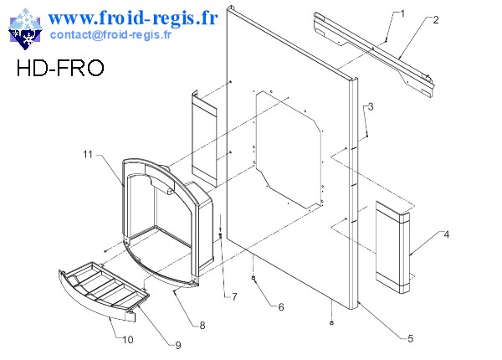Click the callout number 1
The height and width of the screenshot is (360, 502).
pyautogui.click(x=402, y=13)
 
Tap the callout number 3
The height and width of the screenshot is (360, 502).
pyautogui.click(x=371, y=106)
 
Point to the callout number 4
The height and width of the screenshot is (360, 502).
pyautogui.click(x=446, y=234)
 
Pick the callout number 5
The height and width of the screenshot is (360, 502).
pyautogui.click(x=409, y=338)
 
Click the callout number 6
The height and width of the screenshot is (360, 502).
pyautogui.click(x=281, y=307)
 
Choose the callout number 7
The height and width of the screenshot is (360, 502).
pyautogui.click(x=234, y=296)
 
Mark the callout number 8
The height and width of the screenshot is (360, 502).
pyautogui.click(x=202, y=326)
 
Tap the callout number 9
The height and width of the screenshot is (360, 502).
pyautogui.click(x=177, y=344)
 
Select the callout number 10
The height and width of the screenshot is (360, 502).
pyautogui.click(x=128, y=340)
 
